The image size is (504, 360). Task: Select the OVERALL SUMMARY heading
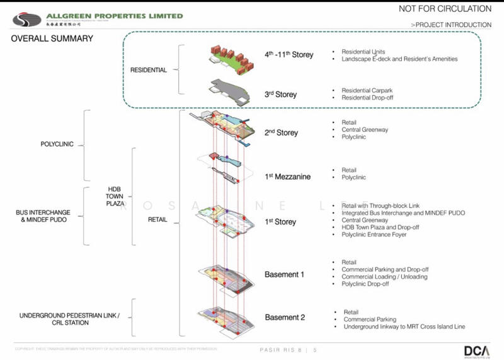52,39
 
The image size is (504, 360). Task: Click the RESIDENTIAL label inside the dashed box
149,70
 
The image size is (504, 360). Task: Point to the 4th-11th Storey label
289,55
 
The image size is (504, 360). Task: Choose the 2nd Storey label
281,133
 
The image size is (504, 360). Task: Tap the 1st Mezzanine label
287,177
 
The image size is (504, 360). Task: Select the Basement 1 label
284,275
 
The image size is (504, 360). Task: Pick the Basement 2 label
285,317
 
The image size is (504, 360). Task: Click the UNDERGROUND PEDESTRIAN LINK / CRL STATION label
54,318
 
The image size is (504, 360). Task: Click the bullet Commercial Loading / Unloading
384,277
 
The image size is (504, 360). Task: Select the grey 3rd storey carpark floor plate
230,90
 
